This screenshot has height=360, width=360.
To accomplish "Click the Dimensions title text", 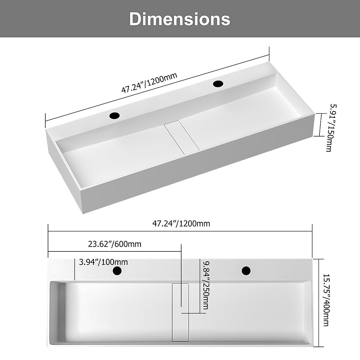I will point(180,19).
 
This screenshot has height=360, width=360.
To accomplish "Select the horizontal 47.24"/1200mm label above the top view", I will point(181,223).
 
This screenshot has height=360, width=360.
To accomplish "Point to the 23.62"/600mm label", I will point(115,244).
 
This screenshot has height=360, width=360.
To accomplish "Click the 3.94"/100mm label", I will point(103,262).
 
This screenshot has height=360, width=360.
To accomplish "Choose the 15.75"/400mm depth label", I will point(327,300).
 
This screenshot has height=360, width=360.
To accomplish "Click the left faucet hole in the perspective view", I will point(115,115).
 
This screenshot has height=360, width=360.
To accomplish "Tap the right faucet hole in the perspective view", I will point(218,83).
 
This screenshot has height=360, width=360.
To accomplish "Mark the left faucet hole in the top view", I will point(117,271).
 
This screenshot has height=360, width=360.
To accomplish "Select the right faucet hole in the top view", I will point(246,271).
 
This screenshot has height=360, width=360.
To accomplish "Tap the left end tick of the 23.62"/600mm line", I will point(48,251).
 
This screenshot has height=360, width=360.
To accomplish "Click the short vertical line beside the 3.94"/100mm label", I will point(74,269).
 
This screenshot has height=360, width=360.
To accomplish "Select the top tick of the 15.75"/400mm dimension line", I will point(319,259).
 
